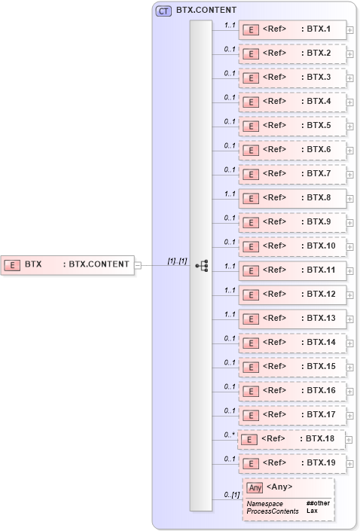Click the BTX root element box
(x=68, y=264)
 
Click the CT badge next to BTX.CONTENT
(x=163, y=11)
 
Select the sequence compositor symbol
(x=201, y=265)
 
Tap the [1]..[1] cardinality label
(x=177, y=261)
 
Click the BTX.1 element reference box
(x=292, y=29)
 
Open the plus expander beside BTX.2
(x=350, y=53)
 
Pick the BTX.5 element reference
(x=292, y=126)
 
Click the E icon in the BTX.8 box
(x=250, y=198)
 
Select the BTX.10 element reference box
(x=292, y=246)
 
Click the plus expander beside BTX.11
(x=350, y=270)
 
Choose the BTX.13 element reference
(x=292, y=319)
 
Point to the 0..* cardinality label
(x=230, y=434)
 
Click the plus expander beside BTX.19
(x=350, y=463)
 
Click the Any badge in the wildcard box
(x=255, y=487)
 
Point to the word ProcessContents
(x=273, y=511)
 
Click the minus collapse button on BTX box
(x=138, y=264)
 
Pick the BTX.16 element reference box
(x=292, y=391)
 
